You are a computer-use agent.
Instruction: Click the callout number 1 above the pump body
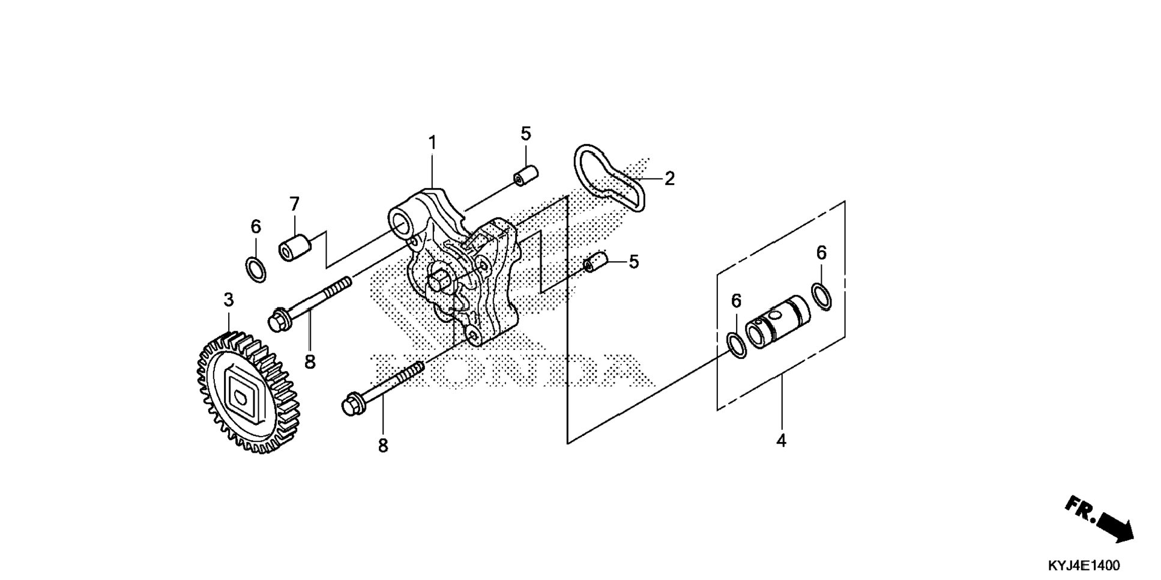[432, 143]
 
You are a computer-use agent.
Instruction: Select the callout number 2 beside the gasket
[669, 178]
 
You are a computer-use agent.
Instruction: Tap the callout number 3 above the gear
[228, 300]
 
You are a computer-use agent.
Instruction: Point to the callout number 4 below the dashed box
[780, 441]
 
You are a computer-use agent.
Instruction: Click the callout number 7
[294, 205]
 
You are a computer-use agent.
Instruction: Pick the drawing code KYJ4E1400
[1084, 566]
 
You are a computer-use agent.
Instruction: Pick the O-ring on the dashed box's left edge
[737, 343]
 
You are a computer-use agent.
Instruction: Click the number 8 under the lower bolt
[383, 446]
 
